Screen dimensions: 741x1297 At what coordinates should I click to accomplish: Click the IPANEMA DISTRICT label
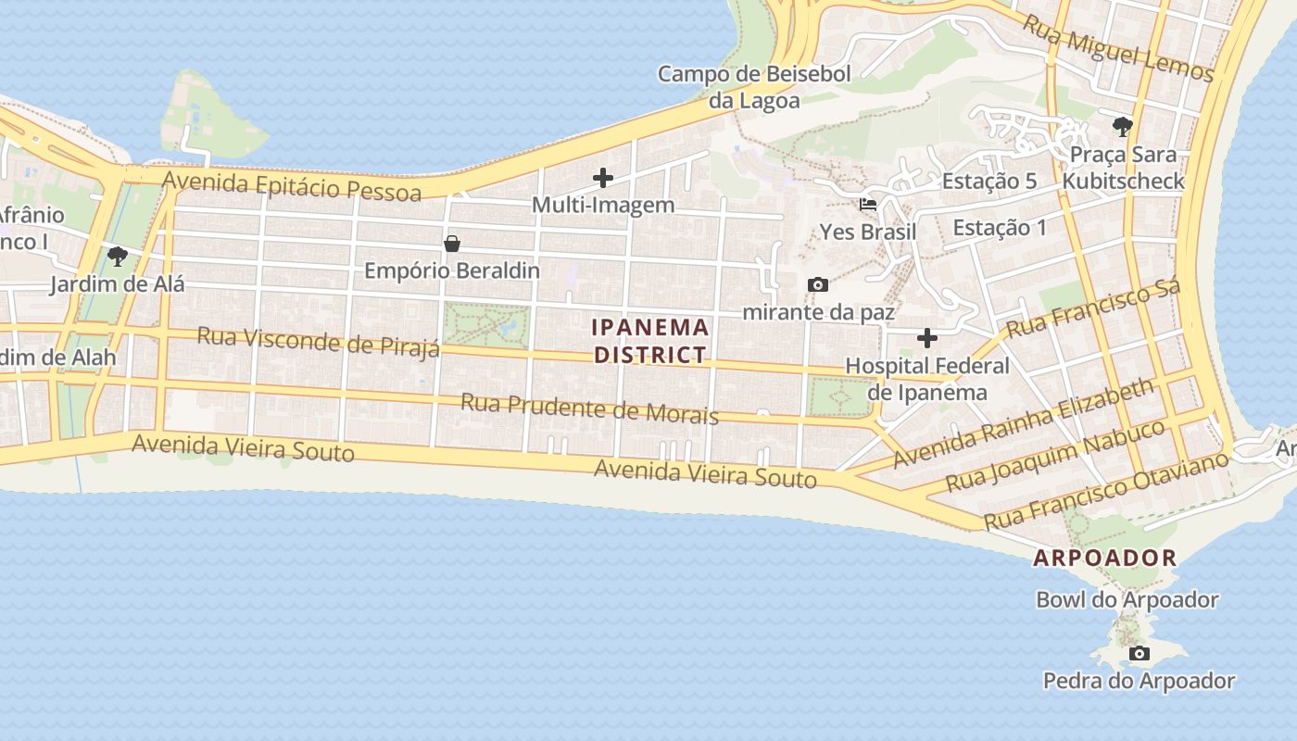pyautogui.click(x=650, y=341)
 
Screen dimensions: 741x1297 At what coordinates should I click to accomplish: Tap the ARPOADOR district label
pyautogui.click(x=1104, y=558)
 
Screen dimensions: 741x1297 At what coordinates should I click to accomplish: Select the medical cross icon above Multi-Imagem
pyautogui.click(x=603, y=177)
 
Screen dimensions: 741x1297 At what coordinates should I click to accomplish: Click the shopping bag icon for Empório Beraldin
pyautogui.click(x=452, y=244)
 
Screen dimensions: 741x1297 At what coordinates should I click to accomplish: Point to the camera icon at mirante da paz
pyautogui.click(x=817, y=284)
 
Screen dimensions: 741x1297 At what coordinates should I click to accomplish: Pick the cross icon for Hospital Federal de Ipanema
pyautogui.click(x=926, y=338)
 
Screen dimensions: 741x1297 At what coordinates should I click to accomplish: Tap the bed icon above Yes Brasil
pyautogui.click(x=868, y=205)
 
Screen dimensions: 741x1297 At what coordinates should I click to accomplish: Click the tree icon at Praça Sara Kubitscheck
pyautogui.click(x=1123, y=126)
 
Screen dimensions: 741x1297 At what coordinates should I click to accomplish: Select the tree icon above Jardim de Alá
pyautogui.click(x=117, y=256)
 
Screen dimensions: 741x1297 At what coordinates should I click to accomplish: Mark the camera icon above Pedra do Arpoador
pyautogui.click(x=1139, y=653)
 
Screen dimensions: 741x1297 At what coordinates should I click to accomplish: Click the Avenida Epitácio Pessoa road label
pyautogui.click(x=292, y=185)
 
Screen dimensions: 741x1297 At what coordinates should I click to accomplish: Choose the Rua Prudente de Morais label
pyautogui.click(x=589, y=408)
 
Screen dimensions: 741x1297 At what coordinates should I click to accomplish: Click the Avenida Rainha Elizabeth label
pyautogui.click(x=1024, y=423)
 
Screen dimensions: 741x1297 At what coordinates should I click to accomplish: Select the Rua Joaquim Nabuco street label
pyautogui.click(x=1055, y=457)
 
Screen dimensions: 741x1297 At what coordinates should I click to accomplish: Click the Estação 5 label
pyautogui.click(x=988, y=182)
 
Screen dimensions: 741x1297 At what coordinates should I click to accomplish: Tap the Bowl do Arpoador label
pyautogui.click(x=1127, y=599)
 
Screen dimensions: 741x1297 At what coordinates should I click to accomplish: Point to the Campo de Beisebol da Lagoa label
pyautogui.click(x=754, y=87)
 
